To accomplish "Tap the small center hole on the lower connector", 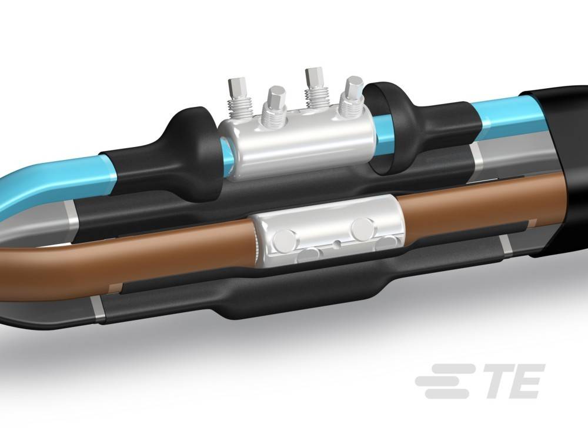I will [x=336, y=242].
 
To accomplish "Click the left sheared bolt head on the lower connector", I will [x=285, y=238].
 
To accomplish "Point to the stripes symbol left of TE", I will [x=442, y=381].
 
